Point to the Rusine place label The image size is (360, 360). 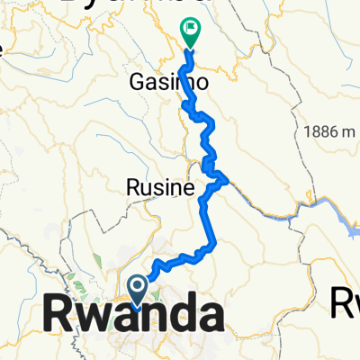pos(159,189)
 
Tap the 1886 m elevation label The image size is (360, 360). pos(328,130)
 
